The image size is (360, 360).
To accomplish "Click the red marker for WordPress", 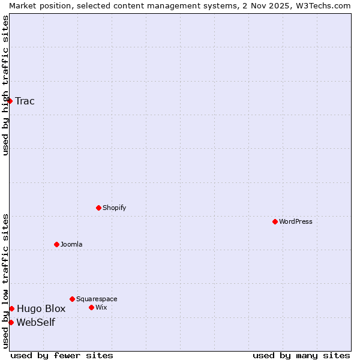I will [x=275, y=221].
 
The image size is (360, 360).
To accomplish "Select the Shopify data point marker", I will [x=98, y=208].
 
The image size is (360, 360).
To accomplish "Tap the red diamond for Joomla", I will [x=56, y=244].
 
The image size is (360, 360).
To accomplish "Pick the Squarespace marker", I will [x=72, y=299].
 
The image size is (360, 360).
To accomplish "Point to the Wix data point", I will [x=91, y=307].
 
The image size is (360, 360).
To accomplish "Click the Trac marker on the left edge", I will [x=10, y=101].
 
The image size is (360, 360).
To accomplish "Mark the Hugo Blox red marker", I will [x=11, y=308].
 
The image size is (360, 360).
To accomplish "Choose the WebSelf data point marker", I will [x=11, y=322].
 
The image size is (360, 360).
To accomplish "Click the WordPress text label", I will [x=296, y=221].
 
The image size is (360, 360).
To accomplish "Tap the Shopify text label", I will [x=115, y=208].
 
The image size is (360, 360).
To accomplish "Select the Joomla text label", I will [x=71, y=244].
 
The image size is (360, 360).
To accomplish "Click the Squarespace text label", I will [x=97, y=299].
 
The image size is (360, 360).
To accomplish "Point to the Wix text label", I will [x=101, y=307].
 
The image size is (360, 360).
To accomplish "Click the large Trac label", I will [x=25, y=101].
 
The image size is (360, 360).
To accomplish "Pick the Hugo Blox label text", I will [x=41, y=308].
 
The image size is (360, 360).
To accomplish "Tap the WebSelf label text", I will [x=36, y=322].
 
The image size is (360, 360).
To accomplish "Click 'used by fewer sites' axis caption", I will [x=62, y=355].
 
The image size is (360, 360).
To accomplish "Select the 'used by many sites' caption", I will [x=301, y=355].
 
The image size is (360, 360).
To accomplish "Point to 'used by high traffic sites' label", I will [x=5, y=85].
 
